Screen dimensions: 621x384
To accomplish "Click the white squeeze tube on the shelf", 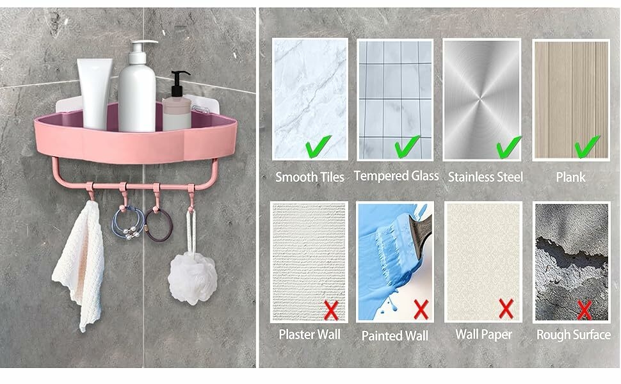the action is (95, 94).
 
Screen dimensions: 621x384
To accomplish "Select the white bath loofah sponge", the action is (193, 278).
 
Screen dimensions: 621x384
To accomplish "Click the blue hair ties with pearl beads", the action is (127, 223).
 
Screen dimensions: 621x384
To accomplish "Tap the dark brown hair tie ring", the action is (158, 225).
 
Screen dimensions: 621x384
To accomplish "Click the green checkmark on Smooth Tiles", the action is (318, 146).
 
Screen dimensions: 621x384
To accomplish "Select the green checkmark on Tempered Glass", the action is (407, 146).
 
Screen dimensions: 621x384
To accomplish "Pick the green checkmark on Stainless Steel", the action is (509, 147).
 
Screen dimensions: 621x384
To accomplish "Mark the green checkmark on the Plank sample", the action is (587, 146).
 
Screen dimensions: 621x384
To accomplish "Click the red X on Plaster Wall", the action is (331, 310).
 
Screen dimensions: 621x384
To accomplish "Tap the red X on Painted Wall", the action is (421, 309).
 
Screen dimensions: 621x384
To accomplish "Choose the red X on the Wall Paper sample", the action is (506, 308).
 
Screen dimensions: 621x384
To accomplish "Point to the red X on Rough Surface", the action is (585, 310).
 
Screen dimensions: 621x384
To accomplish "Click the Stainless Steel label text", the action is (485, 177).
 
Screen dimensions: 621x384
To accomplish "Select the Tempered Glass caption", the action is (396, 176).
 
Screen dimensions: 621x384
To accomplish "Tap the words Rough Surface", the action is (574, 335).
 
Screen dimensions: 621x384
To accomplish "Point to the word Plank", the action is (570, 177).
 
